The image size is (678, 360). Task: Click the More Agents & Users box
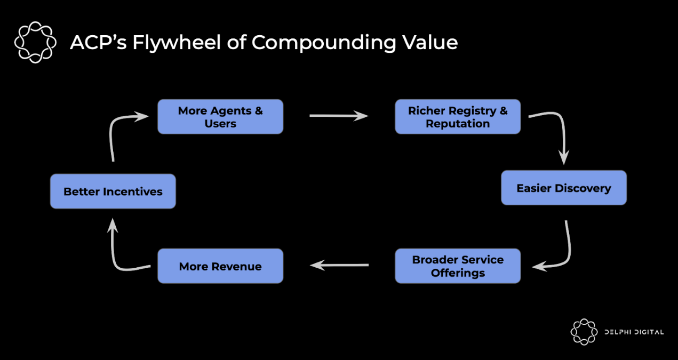click(x=220, y=117)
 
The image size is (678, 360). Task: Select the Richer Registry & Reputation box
click(x=457, y=117)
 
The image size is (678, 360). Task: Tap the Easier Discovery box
click(x=563, y=188)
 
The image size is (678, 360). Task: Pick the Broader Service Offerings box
click(x=457, y=266)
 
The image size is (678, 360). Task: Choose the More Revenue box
click(x=220, y=266)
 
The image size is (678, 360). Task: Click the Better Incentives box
click(x=113, y=191)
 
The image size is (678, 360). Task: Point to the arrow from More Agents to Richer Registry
click(x=339, y=116)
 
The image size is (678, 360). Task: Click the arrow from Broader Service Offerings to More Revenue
click(x=339, y=265)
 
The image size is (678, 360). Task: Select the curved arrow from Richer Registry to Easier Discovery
click(x=558, y=131)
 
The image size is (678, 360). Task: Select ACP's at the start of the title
click(x=98, y=42)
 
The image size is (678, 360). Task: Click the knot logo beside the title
click(x=35, y=42)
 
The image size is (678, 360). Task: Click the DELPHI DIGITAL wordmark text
click(x=634, y=332)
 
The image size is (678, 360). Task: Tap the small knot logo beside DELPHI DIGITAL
click(x=584, y=332)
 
